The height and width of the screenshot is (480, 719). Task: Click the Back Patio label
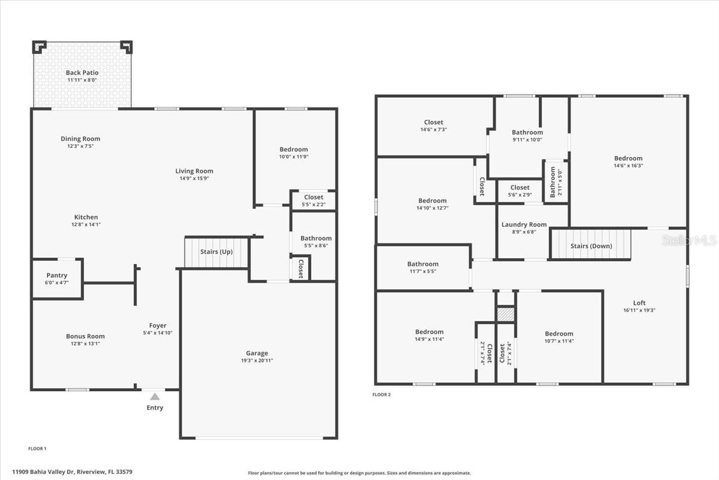82,73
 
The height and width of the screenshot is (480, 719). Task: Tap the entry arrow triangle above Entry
155,397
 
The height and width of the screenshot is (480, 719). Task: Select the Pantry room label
57,275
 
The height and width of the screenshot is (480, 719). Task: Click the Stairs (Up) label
216,252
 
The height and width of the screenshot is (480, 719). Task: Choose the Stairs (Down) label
591,246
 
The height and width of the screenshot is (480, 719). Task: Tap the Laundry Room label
524,224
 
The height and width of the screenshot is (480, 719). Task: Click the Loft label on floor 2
639,303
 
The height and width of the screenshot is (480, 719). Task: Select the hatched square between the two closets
506,314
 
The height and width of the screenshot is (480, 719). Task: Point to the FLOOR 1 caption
37,448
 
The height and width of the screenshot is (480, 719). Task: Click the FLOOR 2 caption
381,394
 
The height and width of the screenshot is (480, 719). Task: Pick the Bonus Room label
85,336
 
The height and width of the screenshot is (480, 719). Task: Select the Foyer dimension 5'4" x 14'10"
158,332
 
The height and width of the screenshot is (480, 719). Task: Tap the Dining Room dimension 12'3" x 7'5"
80,146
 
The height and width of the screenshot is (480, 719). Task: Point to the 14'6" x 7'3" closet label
434,129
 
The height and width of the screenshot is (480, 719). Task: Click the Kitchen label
86,217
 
